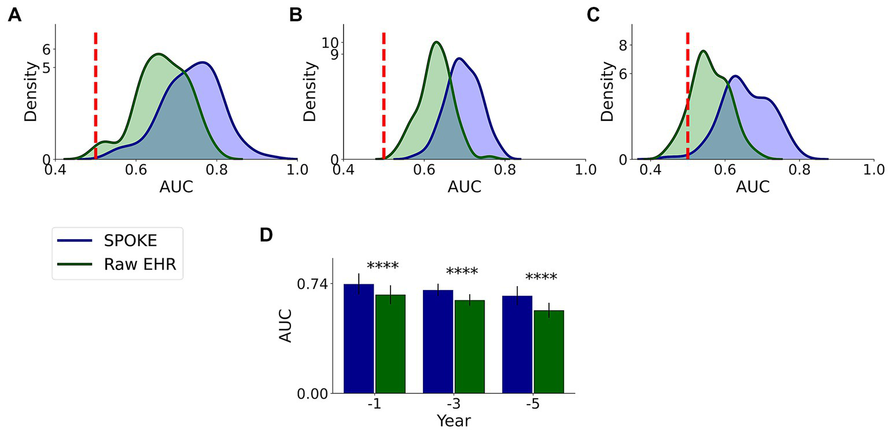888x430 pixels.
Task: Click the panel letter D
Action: [x=267, y=235]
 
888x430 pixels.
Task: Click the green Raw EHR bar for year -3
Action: [x=469, y=347]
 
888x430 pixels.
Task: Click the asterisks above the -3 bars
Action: [x=462, y=272]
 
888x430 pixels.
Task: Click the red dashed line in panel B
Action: [x=384, y=95]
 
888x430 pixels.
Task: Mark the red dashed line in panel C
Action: [x=687, y=95]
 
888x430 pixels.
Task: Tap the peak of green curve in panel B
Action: [x=436, y=42]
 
